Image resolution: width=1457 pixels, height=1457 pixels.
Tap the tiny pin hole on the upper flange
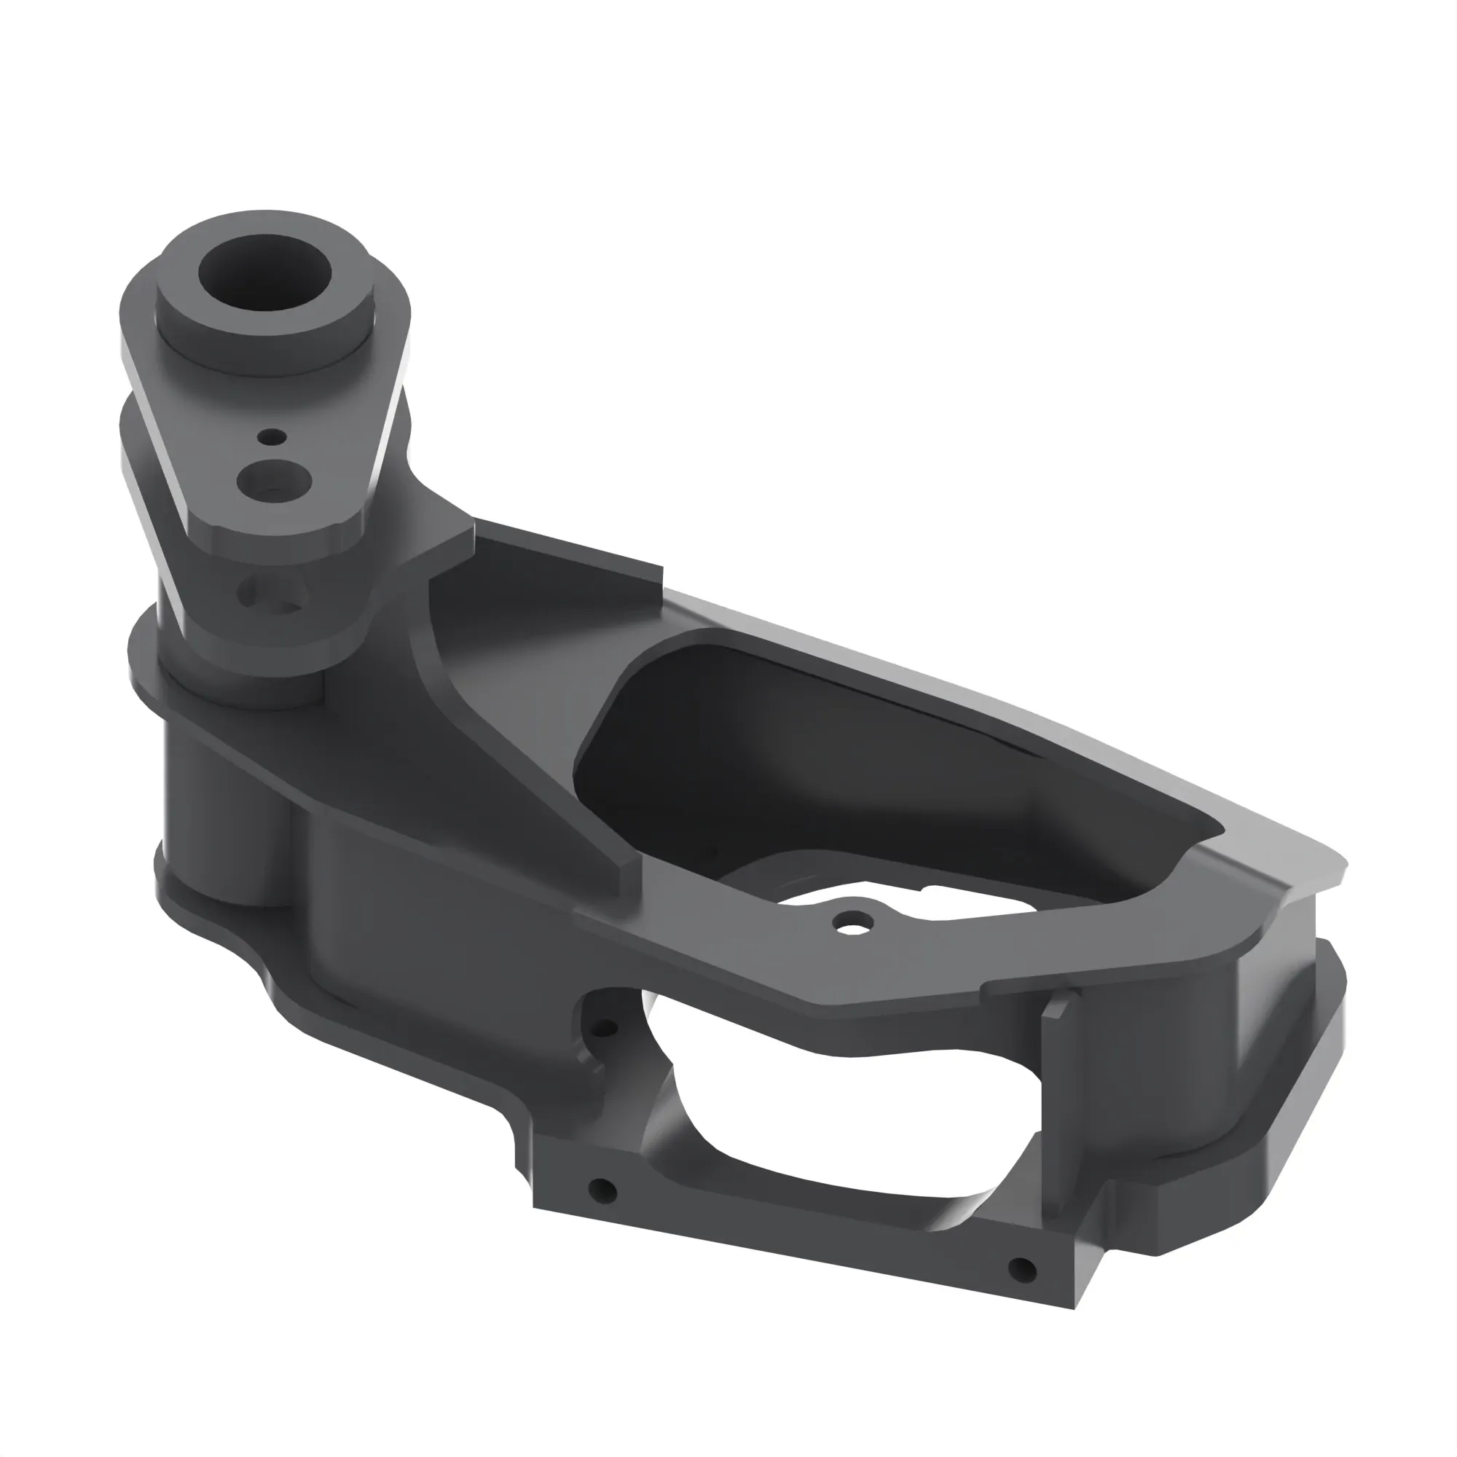tap(272, 436)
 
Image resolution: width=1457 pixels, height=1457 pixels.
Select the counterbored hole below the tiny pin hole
tap(275, 479)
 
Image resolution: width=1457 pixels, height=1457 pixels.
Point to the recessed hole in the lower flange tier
tap(272, 595)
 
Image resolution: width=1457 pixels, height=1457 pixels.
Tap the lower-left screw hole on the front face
tap(602, 1191)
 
